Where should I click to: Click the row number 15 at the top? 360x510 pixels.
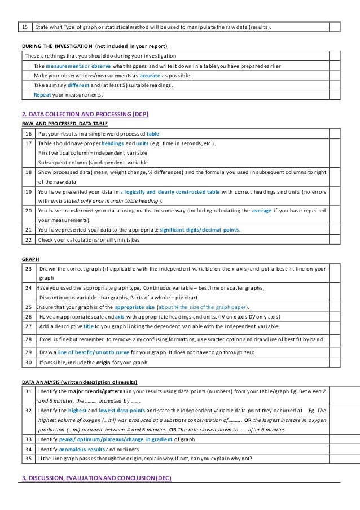click(24, 27)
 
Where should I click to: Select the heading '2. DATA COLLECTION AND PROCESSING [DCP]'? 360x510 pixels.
click(85, 114)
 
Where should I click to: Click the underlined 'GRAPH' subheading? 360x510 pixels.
click(30, 258)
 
